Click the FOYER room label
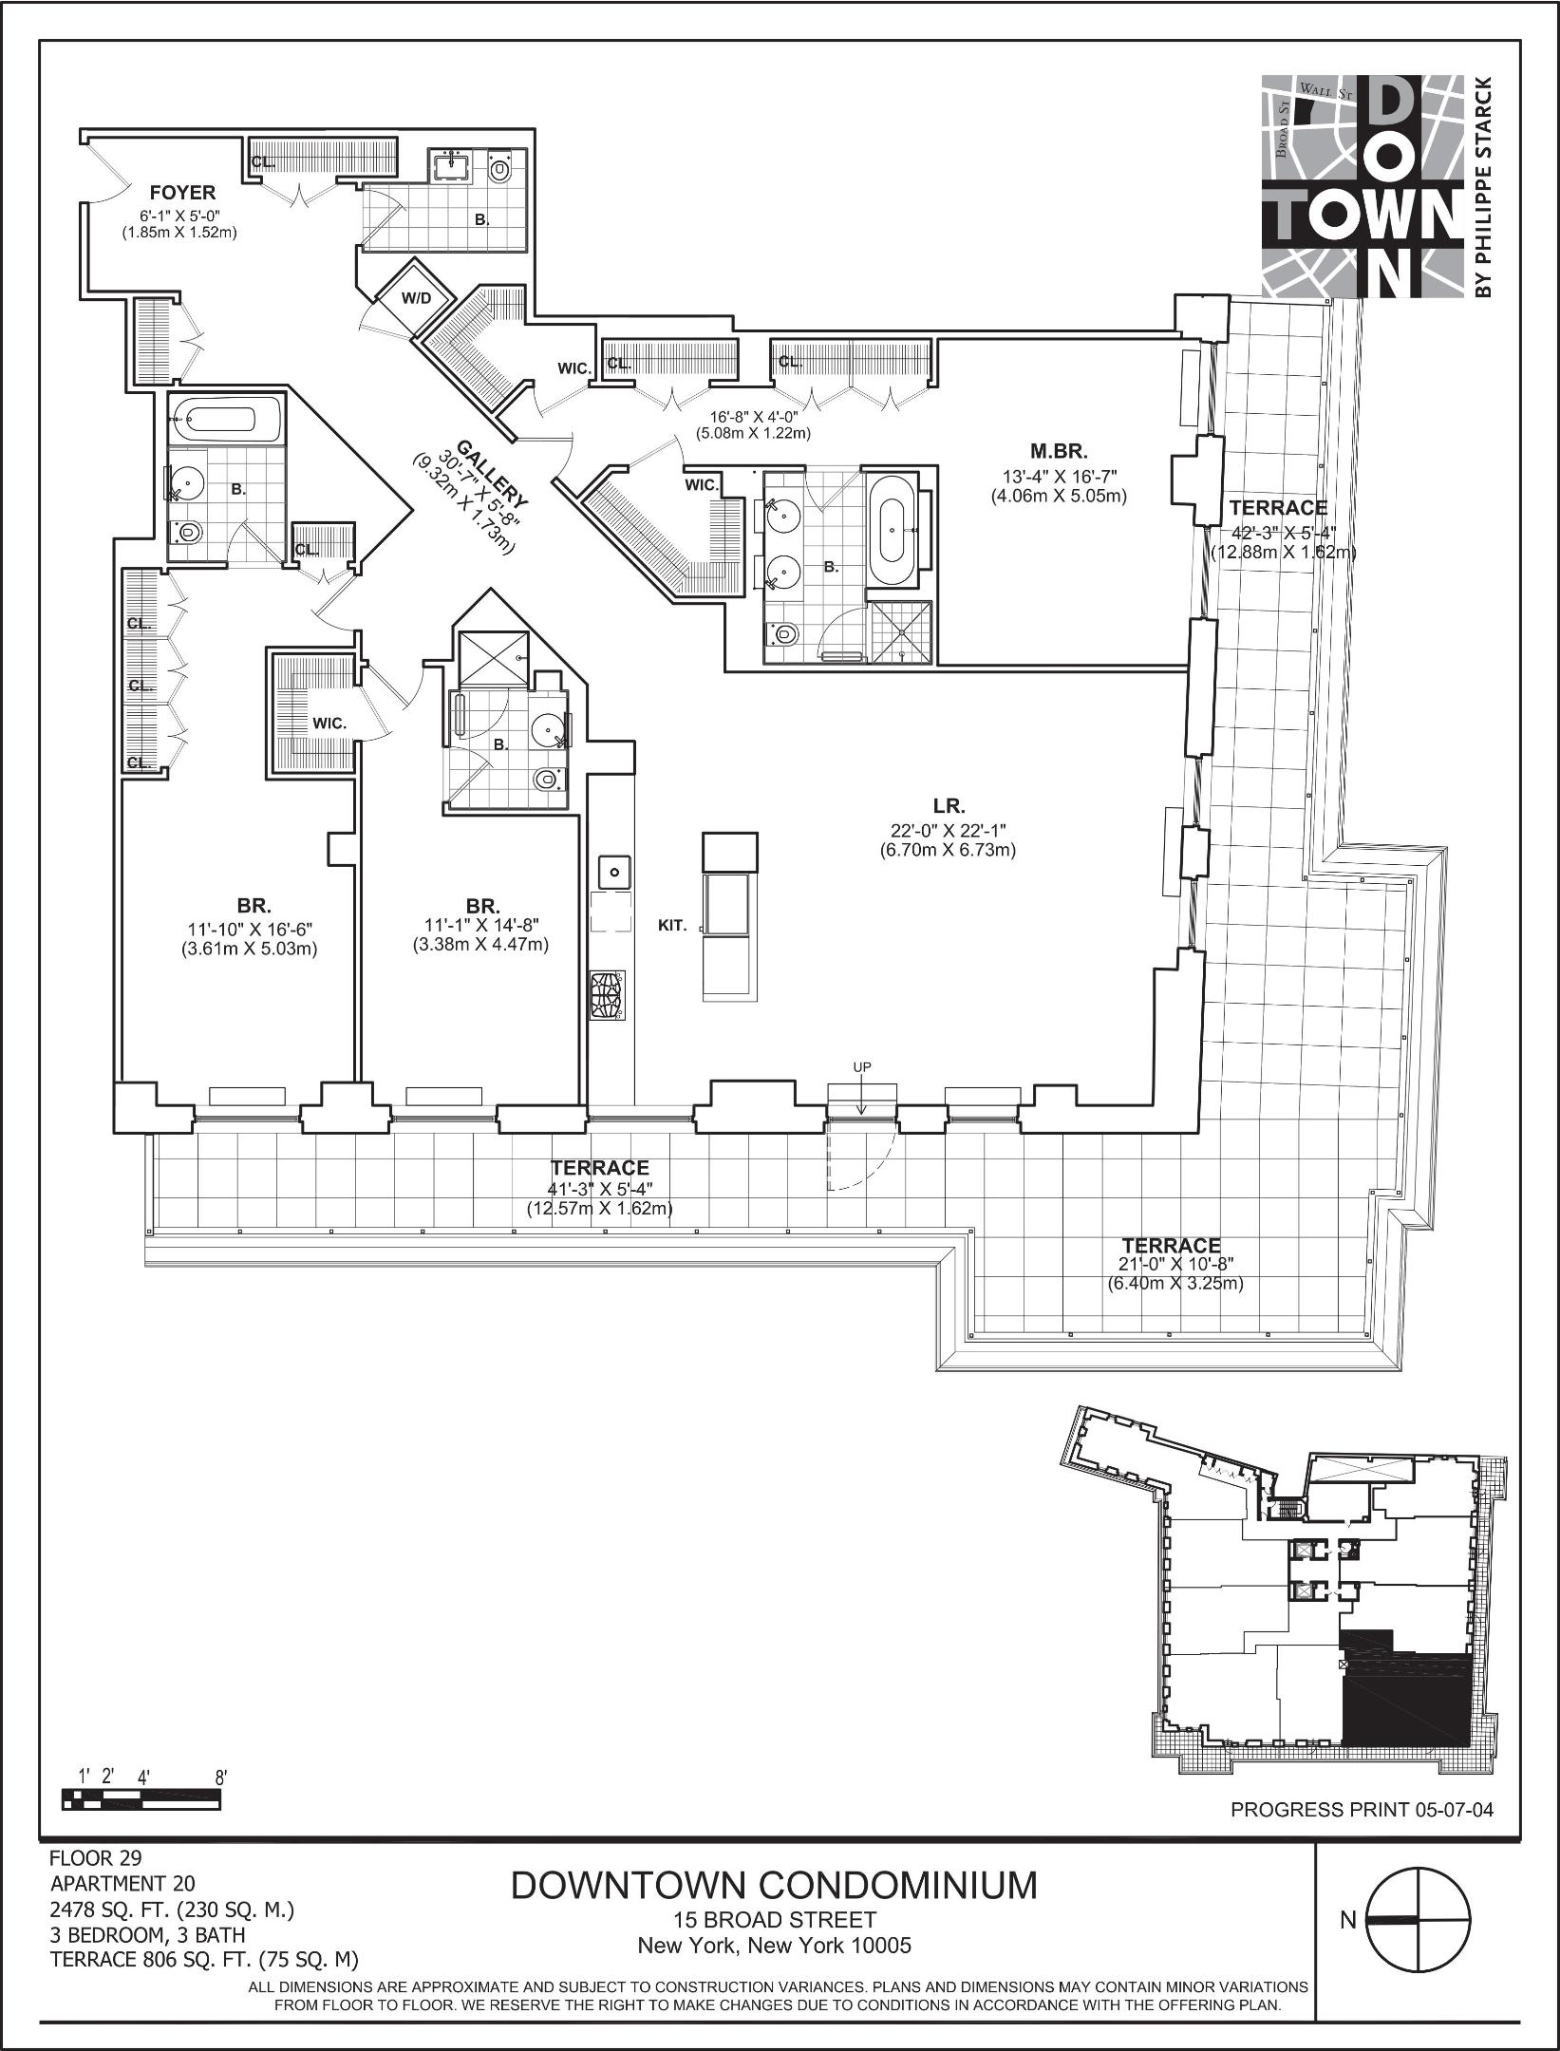pyautogui.click(x=182, y=194)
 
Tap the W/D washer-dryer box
pyautogui.click(x=416, y=298)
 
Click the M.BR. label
pyautogui.click(x=1059, y=452)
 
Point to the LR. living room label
pyautogui.click(x=949, y=807)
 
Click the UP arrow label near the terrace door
pyautogui.click(x=861, y=1067)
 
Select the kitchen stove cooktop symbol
pyautogui.click(x=609, y=994)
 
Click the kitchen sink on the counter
pyautogui.click(x=614, y=870)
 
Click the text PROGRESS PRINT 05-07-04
pyautogui.click(x=1362, y=1810)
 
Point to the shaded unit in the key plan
pyautogui.click(x=1405, y=1700)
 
